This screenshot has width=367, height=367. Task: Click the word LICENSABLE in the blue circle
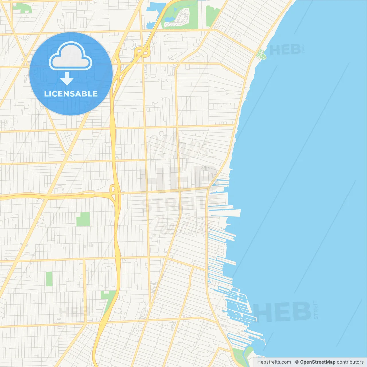(x=71, y=94)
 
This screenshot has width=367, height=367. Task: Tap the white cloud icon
(x=71, y=56)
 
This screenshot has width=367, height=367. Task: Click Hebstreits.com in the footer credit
(x=274, y=362)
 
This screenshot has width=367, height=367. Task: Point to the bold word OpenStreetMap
(x=317, y=362)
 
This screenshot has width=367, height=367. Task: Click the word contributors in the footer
(x=350, y=362)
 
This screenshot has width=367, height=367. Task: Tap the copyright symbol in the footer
(x=297, y=362)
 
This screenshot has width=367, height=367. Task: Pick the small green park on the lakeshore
(x=261, y=54)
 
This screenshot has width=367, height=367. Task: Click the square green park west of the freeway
(x=83, y=219)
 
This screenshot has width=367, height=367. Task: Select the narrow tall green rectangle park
(x=49, y=279)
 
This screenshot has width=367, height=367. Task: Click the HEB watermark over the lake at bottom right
(x=282, y=312)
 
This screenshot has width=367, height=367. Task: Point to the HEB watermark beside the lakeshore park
(x=285, y=50)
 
